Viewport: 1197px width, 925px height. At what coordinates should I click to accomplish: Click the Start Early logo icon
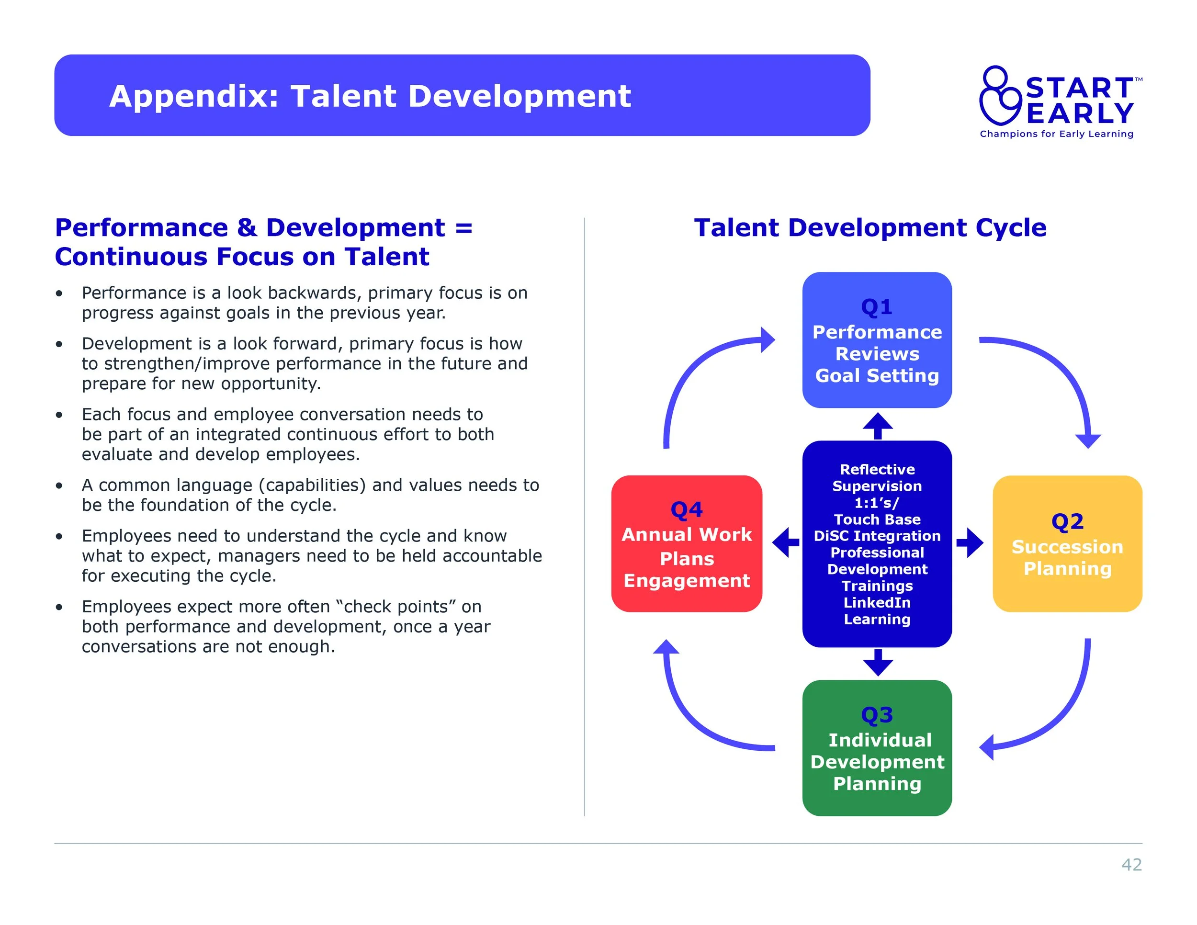[x=1001, y=96]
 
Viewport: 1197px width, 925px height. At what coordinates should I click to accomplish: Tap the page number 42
[x=1131, y=864]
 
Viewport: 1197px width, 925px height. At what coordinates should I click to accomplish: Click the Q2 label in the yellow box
[x=1067, y=521]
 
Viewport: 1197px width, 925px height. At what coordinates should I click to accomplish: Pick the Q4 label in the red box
[x=686, y=509]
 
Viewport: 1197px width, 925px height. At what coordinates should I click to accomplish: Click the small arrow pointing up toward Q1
[x=878, y=426]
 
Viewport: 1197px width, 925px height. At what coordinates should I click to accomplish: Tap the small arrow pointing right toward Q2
[x=970, y=542]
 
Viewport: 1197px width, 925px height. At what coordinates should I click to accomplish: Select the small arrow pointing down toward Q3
[x=878, y=663]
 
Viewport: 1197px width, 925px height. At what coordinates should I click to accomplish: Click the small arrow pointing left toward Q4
[x=785, y=542]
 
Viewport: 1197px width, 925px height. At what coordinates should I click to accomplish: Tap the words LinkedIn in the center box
[x=877, y=602]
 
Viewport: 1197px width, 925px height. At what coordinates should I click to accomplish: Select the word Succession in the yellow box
[x=1067, y=547]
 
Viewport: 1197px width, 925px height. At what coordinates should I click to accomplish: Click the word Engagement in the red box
[x=686, y=580]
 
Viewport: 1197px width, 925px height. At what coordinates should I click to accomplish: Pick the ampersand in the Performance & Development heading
[x=247, y=228]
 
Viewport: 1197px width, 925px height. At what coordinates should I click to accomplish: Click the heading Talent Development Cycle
[x=870, y=228]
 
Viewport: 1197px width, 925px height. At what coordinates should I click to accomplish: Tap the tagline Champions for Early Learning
[x=1056, y=134]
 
